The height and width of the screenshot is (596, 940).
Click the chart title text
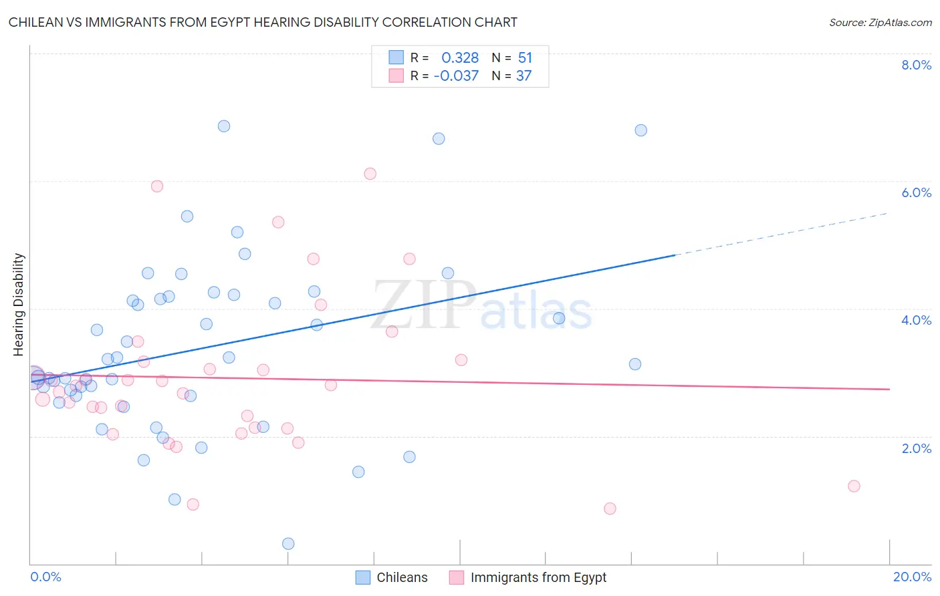(263, 22)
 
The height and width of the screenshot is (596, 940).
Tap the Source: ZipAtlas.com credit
(880, 22)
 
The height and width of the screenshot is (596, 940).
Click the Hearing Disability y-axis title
(19, 305)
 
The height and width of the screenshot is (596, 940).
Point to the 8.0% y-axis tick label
(916, 65)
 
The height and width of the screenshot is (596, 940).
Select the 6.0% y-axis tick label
(916, 192)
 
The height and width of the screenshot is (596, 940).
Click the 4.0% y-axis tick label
(916, 320)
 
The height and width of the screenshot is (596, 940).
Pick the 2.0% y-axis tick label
(916, 448)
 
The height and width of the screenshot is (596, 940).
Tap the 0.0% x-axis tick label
(45, 577)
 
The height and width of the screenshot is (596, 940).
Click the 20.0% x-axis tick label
(912, 577)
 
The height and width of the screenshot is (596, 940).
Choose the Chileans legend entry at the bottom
(392, 577)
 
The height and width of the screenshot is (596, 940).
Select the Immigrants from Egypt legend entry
(528, 577)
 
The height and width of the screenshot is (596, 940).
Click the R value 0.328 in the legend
(460, 58)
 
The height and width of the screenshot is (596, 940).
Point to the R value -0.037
(456, 76)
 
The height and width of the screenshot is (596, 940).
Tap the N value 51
(525, 58)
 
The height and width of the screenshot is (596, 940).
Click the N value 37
(523, 76)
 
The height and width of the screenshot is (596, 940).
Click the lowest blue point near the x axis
(288, 544)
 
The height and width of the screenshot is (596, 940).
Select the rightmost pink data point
(854, 486)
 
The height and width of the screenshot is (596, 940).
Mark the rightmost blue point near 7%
(641, 130)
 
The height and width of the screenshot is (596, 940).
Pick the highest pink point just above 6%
(370, 174)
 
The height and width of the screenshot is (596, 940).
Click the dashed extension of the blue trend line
(782, 234)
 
